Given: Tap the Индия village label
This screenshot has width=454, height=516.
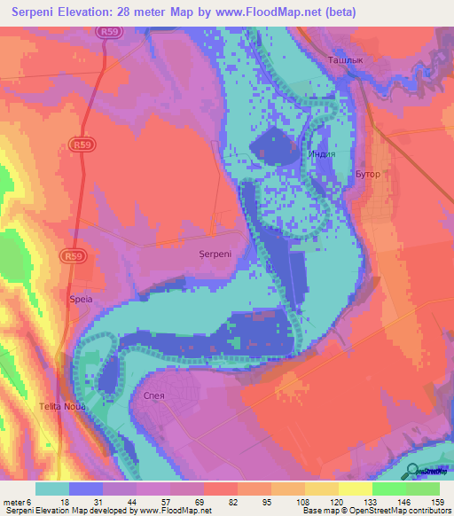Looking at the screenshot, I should coord(321,153).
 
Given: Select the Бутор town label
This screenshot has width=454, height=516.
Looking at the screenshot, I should coord(367,174).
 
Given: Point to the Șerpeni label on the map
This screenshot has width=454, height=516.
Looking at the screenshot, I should coord(215,254).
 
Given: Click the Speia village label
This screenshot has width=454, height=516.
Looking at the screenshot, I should coord(81,300).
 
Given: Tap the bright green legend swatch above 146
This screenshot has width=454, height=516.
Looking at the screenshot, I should coord(388,489).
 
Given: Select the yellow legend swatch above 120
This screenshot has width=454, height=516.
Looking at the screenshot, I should coord(355,489).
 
